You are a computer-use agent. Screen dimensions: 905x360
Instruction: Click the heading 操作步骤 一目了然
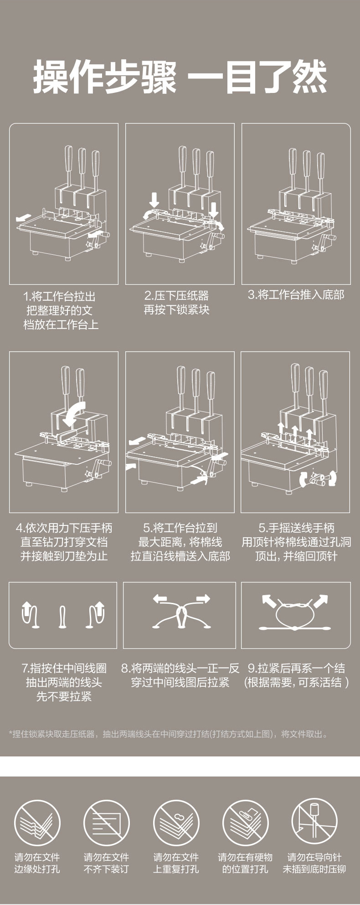tap(180, 77)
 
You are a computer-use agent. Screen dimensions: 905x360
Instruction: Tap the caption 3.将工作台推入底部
tap(296, 295)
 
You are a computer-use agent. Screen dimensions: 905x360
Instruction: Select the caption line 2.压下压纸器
tap(177, 295)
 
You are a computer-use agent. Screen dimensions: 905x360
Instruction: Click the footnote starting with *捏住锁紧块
tap(168, 734)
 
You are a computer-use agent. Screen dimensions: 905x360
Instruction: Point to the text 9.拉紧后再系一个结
tap(296, 668)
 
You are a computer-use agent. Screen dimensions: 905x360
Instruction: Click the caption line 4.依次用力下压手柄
tap(64, 528)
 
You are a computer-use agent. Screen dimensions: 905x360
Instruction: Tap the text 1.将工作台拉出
tap(59, 296)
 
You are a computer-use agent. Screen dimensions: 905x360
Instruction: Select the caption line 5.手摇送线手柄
tap(296, 528)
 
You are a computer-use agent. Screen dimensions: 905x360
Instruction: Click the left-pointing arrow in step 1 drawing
tap(21, 219)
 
